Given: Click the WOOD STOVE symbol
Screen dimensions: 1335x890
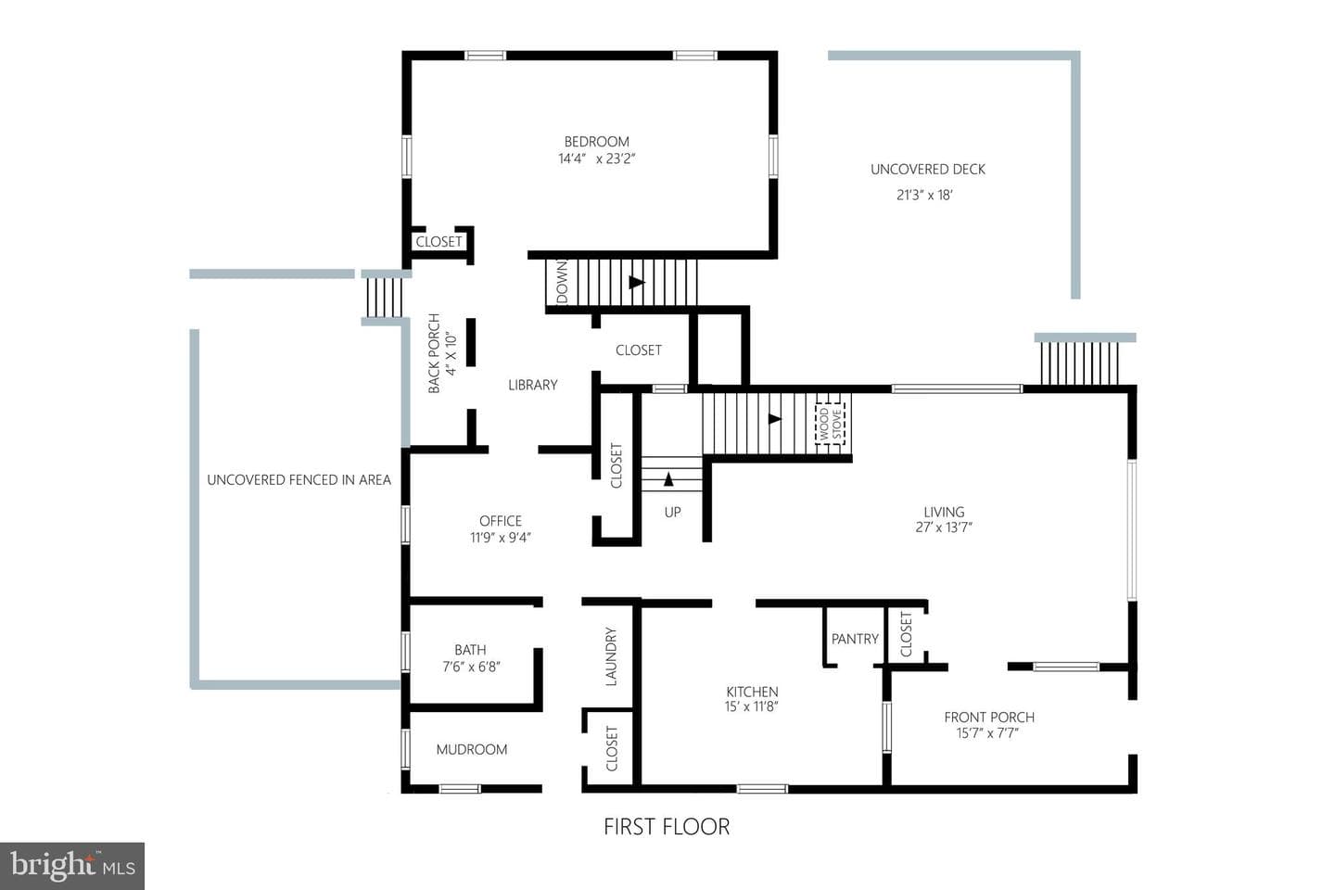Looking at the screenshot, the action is pyautogui.click(x=831, y=424).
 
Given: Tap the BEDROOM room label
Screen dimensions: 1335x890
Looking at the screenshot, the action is pyautogui.click(x=597, y=142).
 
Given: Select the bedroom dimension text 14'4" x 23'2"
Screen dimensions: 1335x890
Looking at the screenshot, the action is pyautogui.click(x=597, y=159).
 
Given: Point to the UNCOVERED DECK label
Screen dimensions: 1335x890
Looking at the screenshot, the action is pyautogui.click(x=927, y=170).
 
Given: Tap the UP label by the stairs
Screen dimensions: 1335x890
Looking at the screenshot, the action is pyautogui.click(x=672, y=512).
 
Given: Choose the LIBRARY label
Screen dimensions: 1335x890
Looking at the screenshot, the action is pyautogui.click(x=533, y=385).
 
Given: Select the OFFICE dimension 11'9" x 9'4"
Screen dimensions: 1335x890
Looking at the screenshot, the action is pyautogui.click(x=500, y=538).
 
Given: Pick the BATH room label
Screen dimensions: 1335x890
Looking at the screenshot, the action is pyautogui.click(x=470, y=650).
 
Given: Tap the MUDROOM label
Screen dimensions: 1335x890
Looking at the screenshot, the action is pyautogui.click(x=471, y=749).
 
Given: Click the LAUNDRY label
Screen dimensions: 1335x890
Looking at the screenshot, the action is pyautogui.click(x=611, y=656).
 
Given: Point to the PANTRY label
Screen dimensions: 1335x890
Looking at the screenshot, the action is pyautogui.click(x=855, y=639).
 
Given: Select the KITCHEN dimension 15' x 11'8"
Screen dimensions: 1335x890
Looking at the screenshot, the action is pyautogui.click(x=752, y=707).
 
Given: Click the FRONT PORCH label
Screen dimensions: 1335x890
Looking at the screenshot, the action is pyautogui.click(x=988, y=718).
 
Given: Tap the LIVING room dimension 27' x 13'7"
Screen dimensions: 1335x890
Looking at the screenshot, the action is pyautogui.click(x=944, y=527).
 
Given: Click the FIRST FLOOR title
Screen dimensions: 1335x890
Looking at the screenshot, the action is pyautogui.click(x=667, y=827).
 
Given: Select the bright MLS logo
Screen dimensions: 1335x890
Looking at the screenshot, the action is pyautogui.click(x=72, y=866).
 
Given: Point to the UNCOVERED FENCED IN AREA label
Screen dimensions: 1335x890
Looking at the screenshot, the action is pyautogui.click(x=299, y=480).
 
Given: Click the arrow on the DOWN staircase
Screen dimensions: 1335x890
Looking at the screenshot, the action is pyautogui.click(x=637, y=282).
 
